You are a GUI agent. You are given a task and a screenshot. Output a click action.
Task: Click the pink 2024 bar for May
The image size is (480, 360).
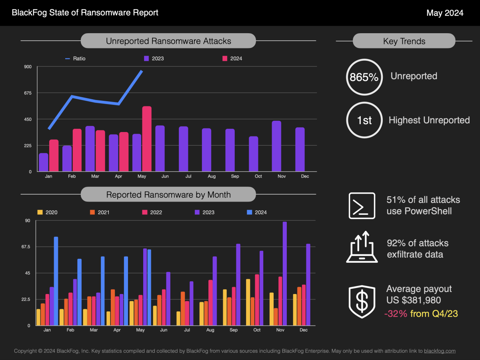(x=147, y=139)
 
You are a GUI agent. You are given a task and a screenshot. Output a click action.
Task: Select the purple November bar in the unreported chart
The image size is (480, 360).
(x=276, y=146)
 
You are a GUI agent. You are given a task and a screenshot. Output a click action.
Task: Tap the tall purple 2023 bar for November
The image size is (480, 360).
(x=285, y=274)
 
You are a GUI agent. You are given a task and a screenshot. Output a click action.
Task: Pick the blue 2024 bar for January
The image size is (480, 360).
(x=56, y=281)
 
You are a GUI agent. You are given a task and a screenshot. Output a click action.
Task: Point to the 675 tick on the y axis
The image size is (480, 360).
(x=27, y=93)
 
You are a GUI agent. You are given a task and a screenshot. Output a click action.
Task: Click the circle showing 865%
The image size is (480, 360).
(x=364, y=77)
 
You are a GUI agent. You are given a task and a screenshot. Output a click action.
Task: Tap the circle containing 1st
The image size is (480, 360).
(x=364, y=120)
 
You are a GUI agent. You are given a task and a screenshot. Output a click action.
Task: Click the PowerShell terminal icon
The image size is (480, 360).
(x=362, y=206)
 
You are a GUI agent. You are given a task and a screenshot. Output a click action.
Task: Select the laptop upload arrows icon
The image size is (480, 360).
(x=362, y=247)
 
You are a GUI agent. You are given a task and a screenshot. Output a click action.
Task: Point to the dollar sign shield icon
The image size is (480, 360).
(x=362, y=302)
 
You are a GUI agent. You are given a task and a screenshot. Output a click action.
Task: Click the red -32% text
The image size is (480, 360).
(x=395, y=314)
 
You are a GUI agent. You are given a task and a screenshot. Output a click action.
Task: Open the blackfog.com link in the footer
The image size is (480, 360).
(x=440, y=351)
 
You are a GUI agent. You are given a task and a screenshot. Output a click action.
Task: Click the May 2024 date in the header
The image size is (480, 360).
(x=445, y=13)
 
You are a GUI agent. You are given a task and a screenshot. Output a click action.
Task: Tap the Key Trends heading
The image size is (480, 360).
(x=404, y=41)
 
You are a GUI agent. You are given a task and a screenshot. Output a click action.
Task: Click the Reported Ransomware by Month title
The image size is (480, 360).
(x=168, y=195)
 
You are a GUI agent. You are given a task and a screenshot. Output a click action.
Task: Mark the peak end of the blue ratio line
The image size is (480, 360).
(x=142, y=71)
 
